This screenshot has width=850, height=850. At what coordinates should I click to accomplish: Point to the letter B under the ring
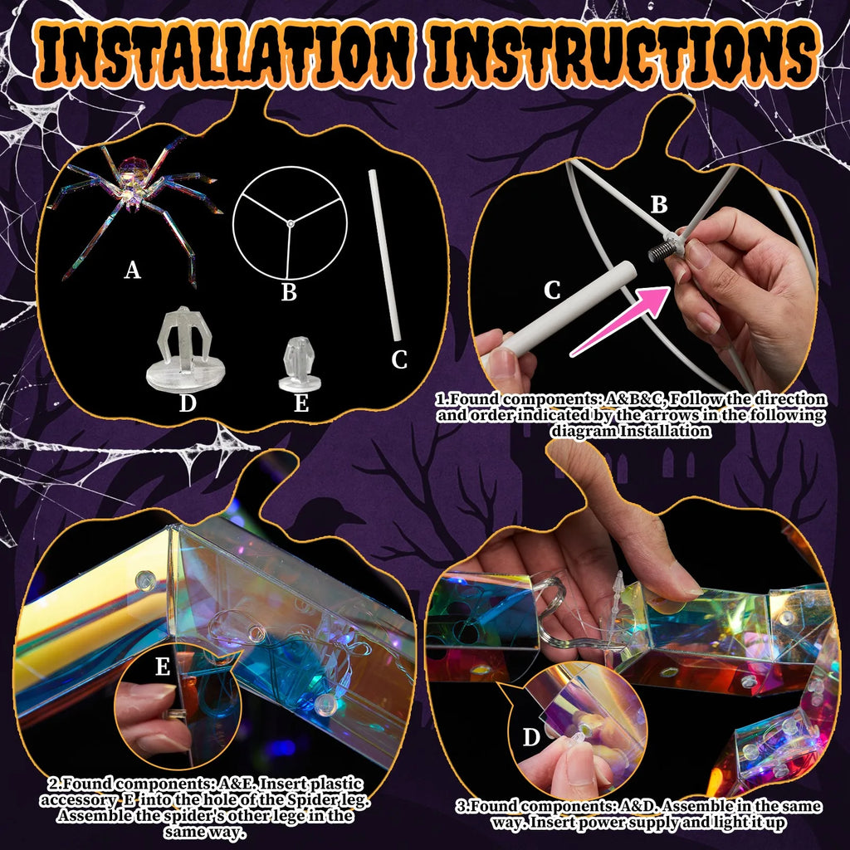[289, 292]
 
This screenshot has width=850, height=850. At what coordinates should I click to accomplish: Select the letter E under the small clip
[301, 403]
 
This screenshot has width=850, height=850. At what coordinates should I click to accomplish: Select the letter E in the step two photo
[163, 667]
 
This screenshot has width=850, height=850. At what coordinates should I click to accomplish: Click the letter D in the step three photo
[531, 737]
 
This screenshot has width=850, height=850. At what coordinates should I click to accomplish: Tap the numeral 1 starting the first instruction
[439, 400]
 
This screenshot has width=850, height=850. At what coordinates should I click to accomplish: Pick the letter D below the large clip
[188, 403]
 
